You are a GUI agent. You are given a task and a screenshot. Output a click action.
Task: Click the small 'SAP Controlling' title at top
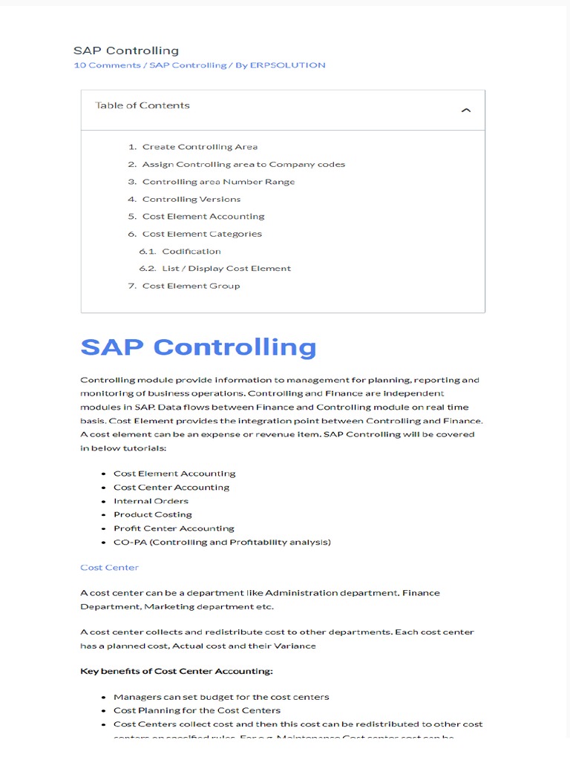125,50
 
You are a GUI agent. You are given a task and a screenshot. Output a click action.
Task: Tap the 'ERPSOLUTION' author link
289,65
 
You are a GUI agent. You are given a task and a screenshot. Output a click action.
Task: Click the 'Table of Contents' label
142,105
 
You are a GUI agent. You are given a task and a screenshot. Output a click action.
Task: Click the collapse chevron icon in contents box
465,111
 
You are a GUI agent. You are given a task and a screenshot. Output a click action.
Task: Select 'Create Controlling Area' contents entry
200,147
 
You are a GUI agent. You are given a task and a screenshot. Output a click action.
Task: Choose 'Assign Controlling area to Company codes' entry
243,164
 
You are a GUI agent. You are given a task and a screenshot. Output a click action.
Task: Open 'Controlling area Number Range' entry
218,182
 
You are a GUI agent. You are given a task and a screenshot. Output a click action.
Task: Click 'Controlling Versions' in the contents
191,199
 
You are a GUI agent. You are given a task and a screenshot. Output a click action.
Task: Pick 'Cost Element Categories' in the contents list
202,234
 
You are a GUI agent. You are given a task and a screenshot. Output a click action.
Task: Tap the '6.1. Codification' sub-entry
191,251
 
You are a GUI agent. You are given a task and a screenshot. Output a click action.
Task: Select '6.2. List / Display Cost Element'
226,269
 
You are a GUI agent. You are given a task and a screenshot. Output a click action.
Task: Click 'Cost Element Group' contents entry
191,286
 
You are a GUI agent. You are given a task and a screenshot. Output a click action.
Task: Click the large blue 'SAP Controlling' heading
198,347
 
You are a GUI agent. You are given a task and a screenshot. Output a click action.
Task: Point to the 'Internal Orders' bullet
151,501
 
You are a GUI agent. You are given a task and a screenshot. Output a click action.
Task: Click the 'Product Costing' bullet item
152,514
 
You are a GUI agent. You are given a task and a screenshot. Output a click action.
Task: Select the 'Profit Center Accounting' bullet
174,528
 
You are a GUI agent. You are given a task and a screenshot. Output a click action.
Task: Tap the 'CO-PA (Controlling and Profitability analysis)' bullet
222,542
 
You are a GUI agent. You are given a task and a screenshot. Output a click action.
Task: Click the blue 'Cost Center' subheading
109,568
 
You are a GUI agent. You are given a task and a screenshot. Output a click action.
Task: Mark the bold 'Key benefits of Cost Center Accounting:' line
177,672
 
